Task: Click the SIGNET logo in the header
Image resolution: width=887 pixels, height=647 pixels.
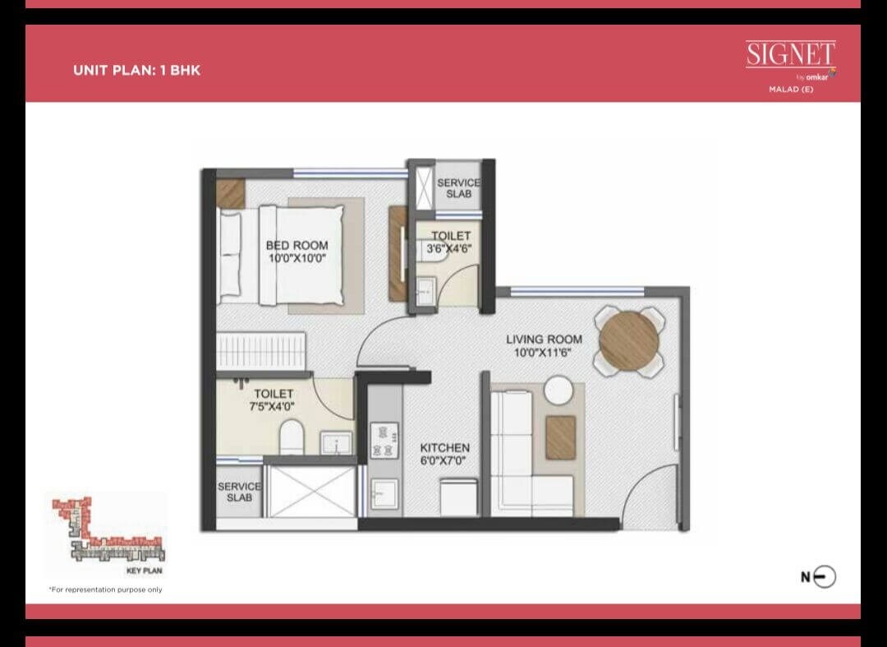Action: tap(790, 55)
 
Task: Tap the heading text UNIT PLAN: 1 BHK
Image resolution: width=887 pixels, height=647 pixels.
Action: tap(136, 70)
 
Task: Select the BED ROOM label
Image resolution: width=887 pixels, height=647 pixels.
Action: tap(296, 245)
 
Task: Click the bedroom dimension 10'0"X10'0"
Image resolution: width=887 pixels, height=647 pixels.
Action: tap(296, 258)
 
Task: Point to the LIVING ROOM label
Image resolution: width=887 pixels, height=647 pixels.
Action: tap(544, 339)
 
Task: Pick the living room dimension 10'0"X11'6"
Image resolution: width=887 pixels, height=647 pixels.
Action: tap(538, 352)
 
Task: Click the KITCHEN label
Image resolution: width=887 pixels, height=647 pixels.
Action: tap(444, 448)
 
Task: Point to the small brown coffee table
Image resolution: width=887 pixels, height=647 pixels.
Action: tap(560, 437)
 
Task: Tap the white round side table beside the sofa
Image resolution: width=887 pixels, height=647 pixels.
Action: tap(558, 390)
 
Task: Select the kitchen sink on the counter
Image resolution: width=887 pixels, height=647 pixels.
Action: tap(383, 494)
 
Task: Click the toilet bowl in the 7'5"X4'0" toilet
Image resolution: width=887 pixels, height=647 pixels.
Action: tap(292, 437)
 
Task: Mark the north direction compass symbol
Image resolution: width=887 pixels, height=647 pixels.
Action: tap(823, 577)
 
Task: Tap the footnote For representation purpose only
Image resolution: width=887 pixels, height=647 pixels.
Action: tap(105, 589)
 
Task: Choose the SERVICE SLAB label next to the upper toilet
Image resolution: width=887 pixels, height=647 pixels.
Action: tap(458, 188)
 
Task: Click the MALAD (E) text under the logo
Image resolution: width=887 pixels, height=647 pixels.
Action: tap(790, 89)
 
